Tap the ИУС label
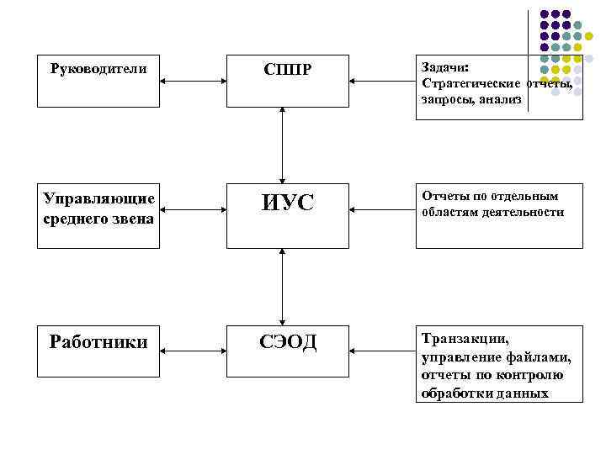click(x=287, y=203)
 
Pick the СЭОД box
click(x=287, y=342)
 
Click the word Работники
click(x=98, y=342)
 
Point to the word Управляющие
click(x=98, y=198)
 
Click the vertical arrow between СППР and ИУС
click(x=283, y=144)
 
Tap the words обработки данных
click(x=485, y=393)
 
